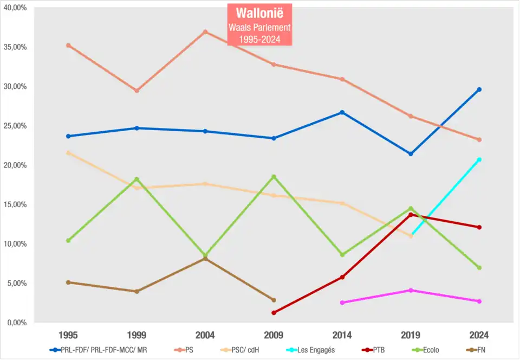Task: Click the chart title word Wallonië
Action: (x=260, y=13)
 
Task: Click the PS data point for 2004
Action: (x=205, y=32)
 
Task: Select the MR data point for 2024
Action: (x=479, y=89)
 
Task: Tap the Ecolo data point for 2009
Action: (x=274, y=177)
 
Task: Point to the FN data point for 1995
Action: (x=68, y=282)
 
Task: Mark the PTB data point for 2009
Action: (x=274, y=313)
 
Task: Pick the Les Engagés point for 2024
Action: (x=479, y=159)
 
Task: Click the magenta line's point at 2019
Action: (x=411, y=291)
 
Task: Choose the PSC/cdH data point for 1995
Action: (x=68, y=153)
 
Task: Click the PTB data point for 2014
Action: (x=342, y=277)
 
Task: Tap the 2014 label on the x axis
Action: (x=342, y=335)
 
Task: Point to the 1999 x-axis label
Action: (x=136, y=335)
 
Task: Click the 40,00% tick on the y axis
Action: (x=16, y=8)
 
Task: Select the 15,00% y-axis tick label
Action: (x=16, y=204)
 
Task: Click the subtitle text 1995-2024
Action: (x=260, y=39)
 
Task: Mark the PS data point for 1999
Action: (x=136, y=91)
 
